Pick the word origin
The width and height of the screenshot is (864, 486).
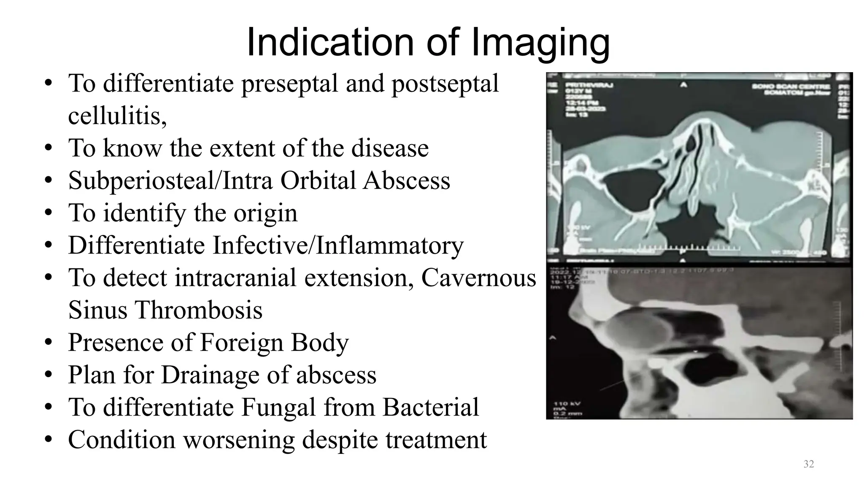point(265,213)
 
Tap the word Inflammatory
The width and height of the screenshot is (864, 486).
point(390,246)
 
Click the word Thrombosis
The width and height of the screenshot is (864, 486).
point(198,310)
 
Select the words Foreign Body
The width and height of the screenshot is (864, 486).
point(274,342)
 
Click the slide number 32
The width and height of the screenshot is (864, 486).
point(808,464)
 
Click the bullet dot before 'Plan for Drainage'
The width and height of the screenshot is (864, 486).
point(49,375)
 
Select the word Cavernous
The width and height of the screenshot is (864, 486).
point(478,278)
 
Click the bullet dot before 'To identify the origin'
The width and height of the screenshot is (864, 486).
point(49,213)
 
